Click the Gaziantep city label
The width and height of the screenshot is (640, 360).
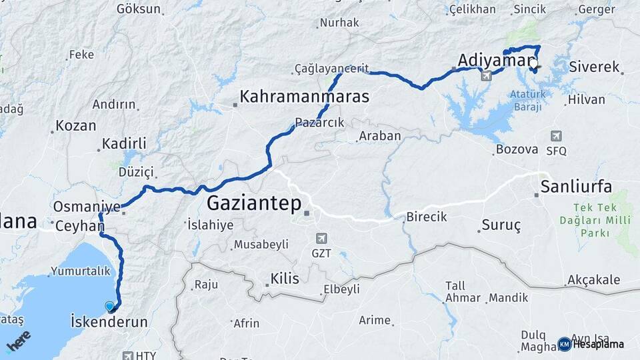[x=254, y=203]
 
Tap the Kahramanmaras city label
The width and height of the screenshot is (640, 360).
[x=304, y=97]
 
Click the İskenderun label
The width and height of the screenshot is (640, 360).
[x=109, y=322]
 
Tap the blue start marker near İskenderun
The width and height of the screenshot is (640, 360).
[x=110, y=307]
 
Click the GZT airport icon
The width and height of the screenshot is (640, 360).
[x=321, y=238]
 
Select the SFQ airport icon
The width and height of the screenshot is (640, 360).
[x=556, y=136]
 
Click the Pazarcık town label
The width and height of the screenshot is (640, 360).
[x=319, y=122]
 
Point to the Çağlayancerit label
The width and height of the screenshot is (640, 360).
[x=331, y=69]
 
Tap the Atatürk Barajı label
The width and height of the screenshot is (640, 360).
[x=527, y=99]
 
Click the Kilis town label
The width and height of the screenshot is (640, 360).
[x=285, y=278]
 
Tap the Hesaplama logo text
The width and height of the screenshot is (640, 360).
[x=598, y=344]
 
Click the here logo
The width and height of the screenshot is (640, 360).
[x=18, y=341]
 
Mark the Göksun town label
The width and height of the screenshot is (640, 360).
[x=139, y=9]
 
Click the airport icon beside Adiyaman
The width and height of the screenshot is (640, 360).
[x=486, y=75]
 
